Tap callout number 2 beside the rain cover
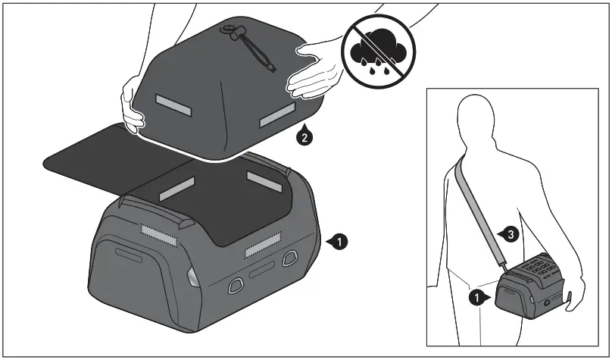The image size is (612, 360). click(x=303, y=137)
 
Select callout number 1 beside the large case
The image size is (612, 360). click(x=340, y=242)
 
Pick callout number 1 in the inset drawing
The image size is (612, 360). click(x=476, y=297)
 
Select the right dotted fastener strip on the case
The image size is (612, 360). click(x=264, y=243)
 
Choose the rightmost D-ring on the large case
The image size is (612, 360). click(x=288, y=259)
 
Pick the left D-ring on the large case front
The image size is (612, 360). click(x=234, y=283)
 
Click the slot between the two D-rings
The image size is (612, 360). click(x=262, y=271)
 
